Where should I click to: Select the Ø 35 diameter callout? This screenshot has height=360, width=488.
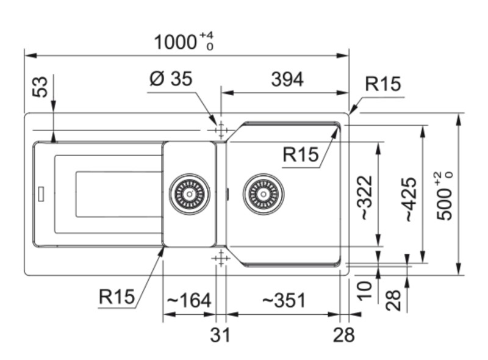pyautogui.click(x=171, y=79)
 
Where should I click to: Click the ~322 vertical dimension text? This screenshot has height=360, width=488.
pyautogui.click(x=364, y=198)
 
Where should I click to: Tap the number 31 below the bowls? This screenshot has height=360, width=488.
pyautogui.click(x=220, y=334)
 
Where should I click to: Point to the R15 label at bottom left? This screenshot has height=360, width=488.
pyautogui.click(x=116, y=297)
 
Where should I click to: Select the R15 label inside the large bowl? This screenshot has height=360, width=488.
pyautogui.click(x=301, y=155)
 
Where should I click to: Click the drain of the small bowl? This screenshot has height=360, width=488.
pyautogui.click(x=189, y=194)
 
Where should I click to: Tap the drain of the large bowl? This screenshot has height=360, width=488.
pyautogui.click(x=263, y=194)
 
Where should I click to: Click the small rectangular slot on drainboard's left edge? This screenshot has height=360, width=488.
pyautogui.click(x=40, y=193)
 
